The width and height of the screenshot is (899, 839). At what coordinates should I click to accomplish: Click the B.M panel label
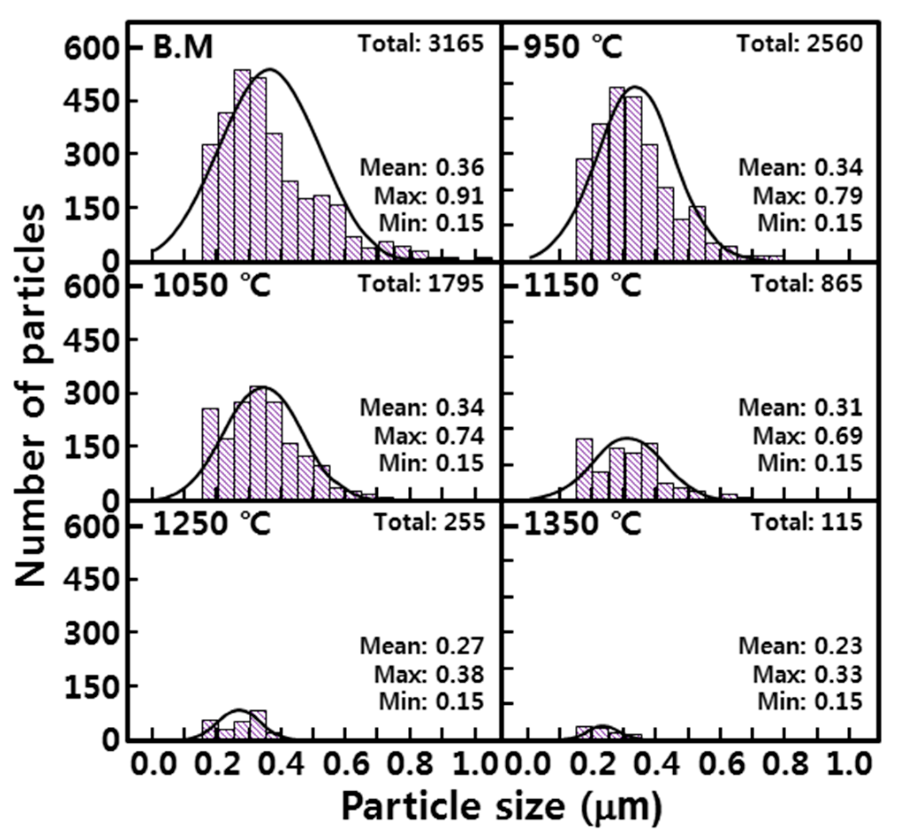(183, 47)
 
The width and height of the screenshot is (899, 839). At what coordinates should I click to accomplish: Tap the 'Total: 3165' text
(421, 44)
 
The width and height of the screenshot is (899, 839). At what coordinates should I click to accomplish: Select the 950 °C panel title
(573, 47)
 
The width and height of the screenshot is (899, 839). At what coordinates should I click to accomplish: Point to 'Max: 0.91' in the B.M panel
(429, 196)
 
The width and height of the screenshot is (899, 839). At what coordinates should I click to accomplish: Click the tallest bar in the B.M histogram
(243, 165)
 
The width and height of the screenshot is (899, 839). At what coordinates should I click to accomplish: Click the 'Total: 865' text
(807, 284)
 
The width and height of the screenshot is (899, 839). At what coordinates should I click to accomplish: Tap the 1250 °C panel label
(212, 524)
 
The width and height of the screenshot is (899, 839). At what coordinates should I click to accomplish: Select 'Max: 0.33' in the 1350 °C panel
(807, 674)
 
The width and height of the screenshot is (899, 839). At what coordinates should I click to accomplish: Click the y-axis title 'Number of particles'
(31, 395)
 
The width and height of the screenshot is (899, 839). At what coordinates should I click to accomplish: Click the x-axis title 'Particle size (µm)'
(501, 806)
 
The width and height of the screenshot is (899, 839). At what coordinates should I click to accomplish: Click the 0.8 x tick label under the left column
(410, 764)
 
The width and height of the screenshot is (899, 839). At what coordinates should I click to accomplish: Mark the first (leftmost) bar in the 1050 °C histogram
(210, 454)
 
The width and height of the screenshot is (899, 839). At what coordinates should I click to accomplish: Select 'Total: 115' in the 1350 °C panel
(807, 522)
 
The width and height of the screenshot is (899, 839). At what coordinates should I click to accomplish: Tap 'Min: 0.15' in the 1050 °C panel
(431, 463)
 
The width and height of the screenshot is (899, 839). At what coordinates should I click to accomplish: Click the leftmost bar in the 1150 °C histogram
(584, 469)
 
